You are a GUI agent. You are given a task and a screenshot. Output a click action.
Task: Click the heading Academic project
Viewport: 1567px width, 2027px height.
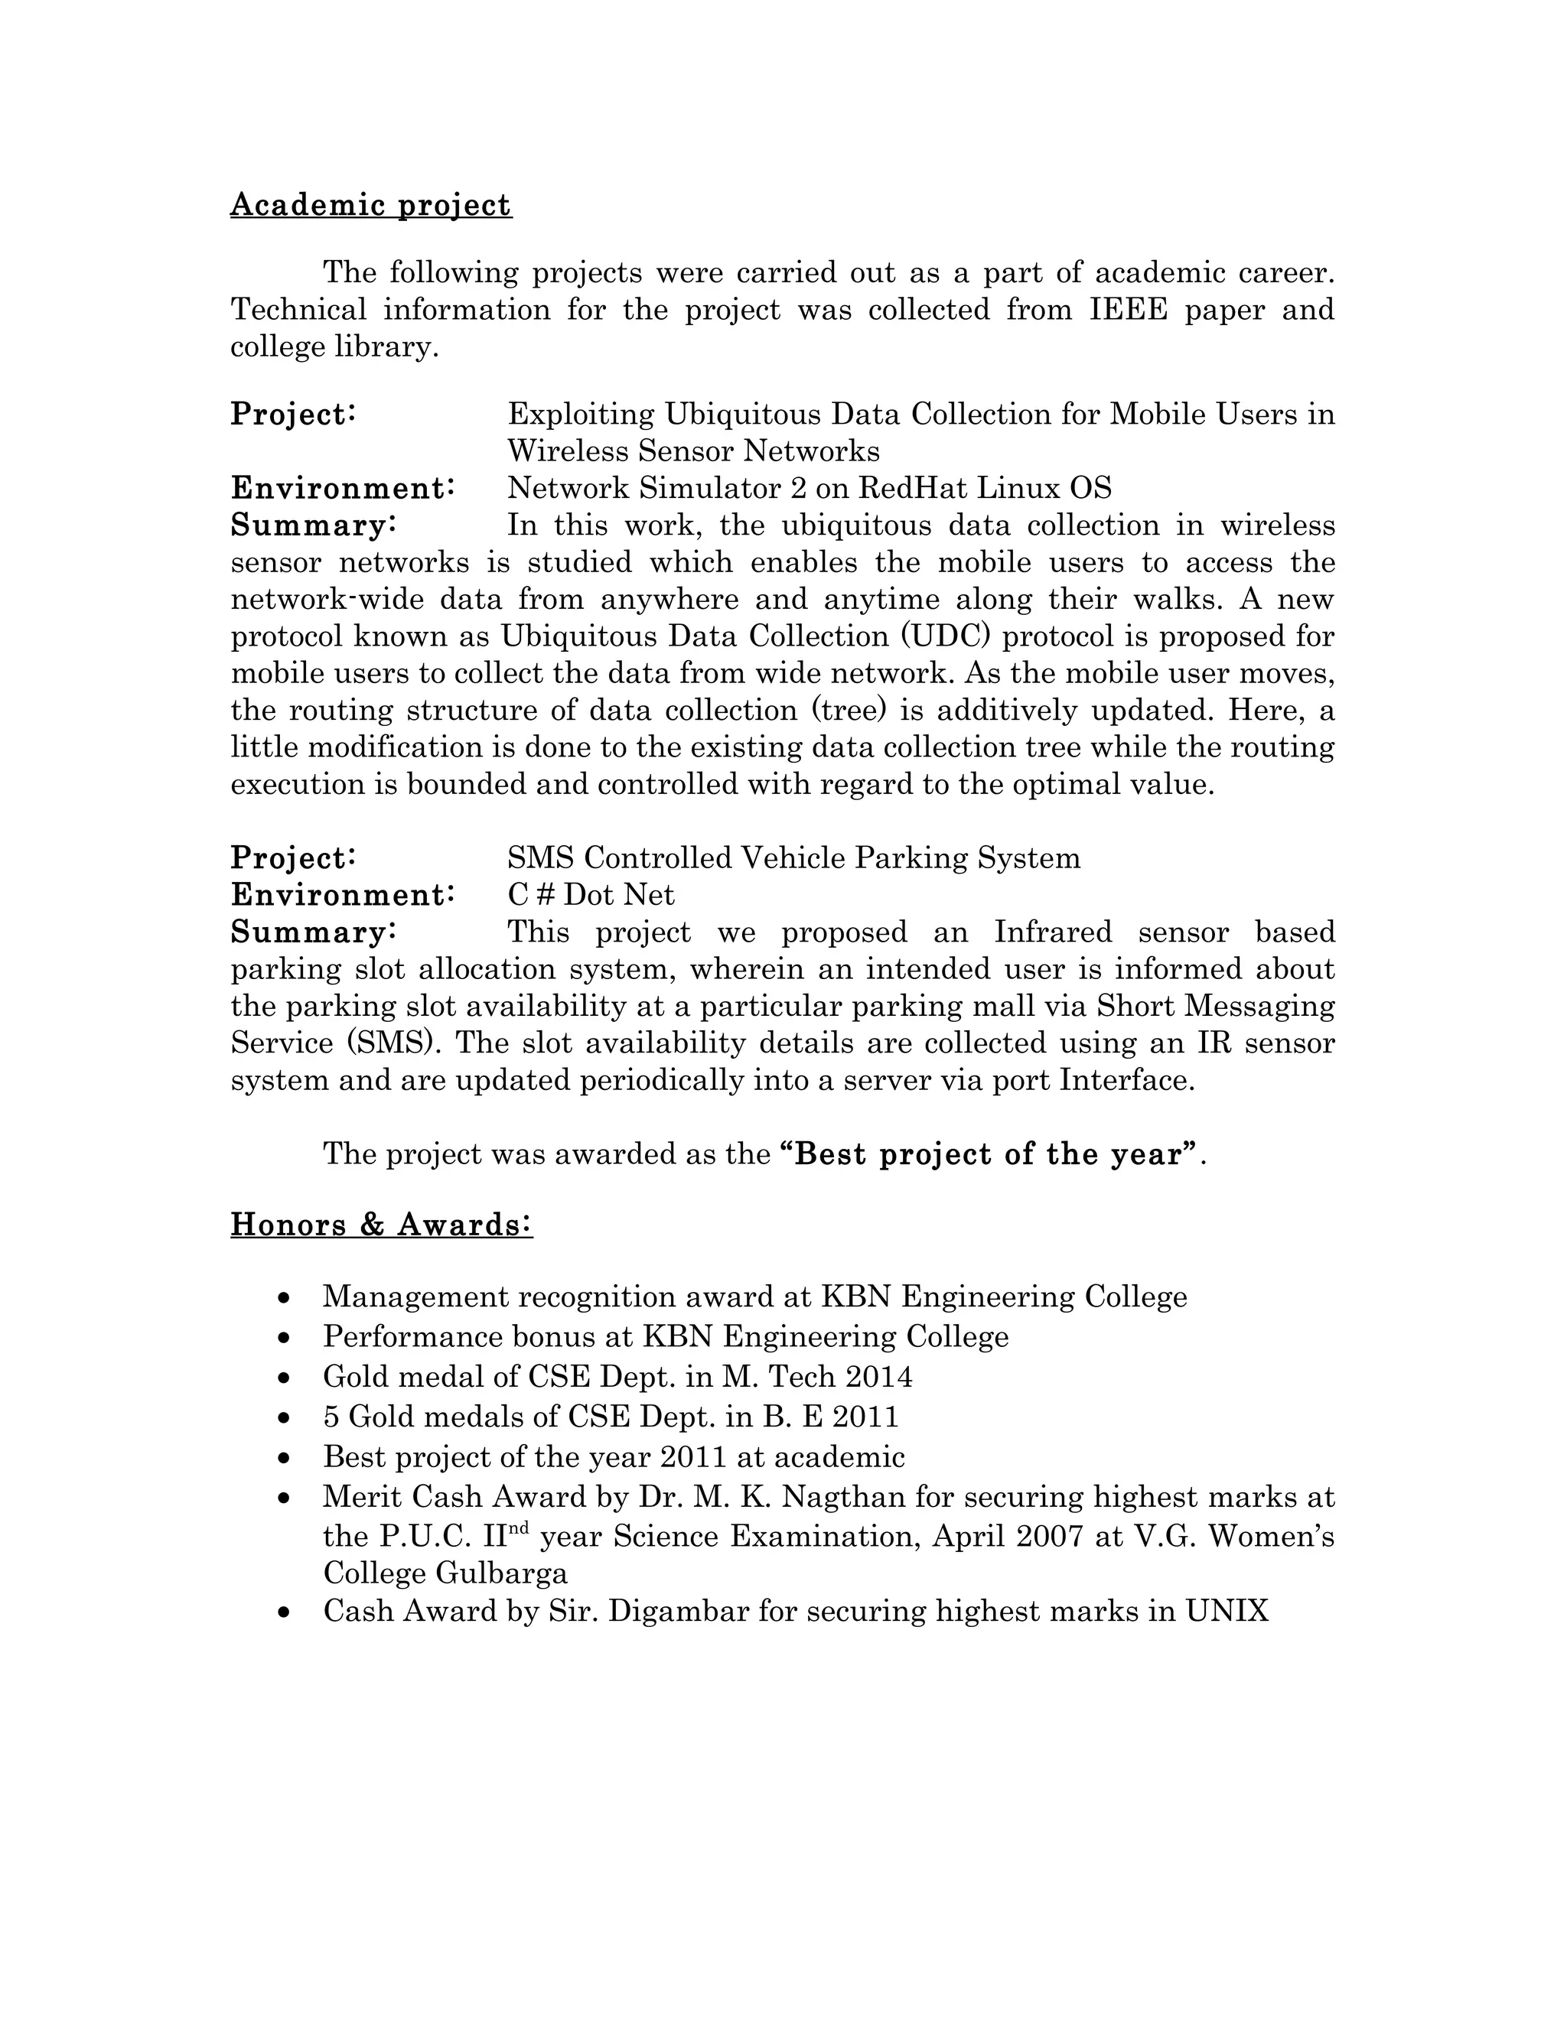coord(370,205)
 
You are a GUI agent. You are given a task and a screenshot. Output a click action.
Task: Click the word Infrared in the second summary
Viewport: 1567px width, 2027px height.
coord(1052,932)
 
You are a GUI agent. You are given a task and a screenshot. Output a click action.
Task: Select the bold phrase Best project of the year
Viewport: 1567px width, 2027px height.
coord(989,1154)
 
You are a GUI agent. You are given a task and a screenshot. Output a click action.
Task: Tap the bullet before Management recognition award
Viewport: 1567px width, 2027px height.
coord(285,1297)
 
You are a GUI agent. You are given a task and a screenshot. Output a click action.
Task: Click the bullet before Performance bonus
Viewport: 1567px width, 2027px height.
coord(285,1337)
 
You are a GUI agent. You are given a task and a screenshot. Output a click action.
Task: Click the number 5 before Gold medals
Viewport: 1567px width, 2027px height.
coord(331,1417)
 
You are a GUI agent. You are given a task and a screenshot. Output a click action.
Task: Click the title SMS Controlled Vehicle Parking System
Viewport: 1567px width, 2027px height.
coord(793,857)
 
